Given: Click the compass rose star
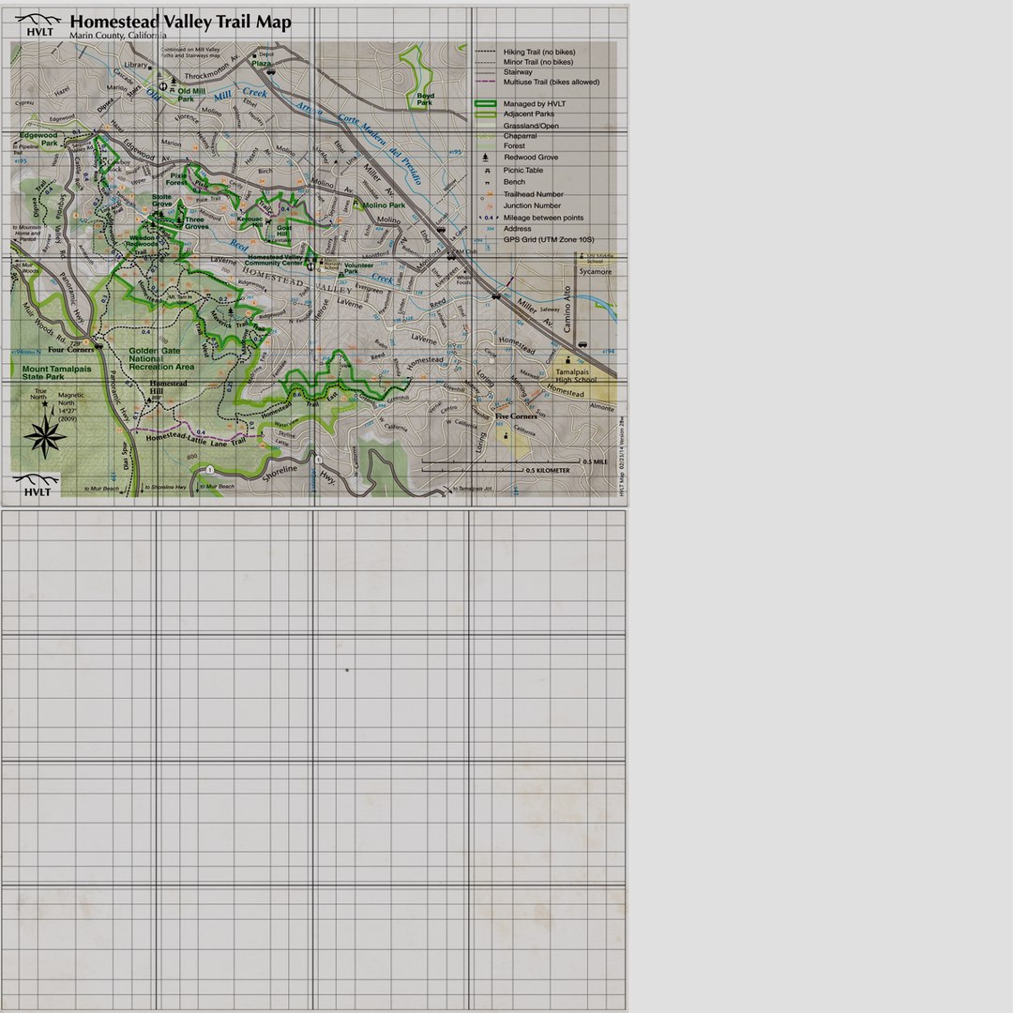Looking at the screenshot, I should pyautogui.click(x=45, y=435).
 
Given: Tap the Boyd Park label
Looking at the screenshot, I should pyautogui.click(x=426, y=98).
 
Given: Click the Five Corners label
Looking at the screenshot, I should pyautogui.click(x=516, y=416).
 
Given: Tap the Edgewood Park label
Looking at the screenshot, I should pyautogui.click(x=37, y=139).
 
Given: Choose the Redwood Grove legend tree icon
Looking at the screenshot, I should pyautogui.click(x=487, y=158).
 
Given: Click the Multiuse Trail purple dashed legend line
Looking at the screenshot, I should pyautogui.click(x=485, y=83).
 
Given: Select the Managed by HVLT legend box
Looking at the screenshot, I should pyautogui.click(x=485, y=104).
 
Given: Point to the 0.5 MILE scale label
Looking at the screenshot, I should pyautogui.click(x=595, y=461).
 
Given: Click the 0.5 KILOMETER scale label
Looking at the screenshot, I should pyautogui.click(x=548, y=470).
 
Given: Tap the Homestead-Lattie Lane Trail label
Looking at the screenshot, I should pyautogui.click(x=195, y=437).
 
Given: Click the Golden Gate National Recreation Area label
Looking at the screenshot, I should pyautogui.click(x=161, y=357).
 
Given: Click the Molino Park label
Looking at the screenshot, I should pyautogui.click(x=384, y=204).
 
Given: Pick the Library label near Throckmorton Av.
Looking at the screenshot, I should pyautogui.click(x=136, y=66).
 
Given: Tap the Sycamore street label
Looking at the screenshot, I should pyautogui.click(x=595, y=272).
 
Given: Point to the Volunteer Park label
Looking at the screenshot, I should pyautogui.click(x=358, y=268).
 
